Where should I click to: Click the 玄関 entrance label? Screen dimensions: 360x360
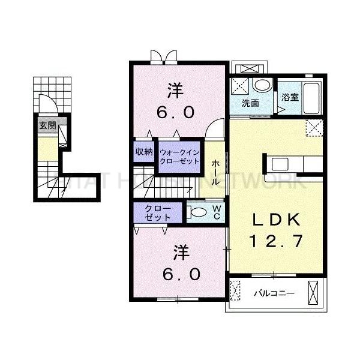click(47, 126)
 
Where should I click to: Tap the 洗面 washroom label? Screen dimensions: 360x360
click(250, 103)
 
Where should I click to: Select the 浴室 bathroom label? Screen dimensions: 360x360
click(290, 97)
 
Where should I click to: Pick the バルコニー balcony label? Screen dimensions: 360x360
click(273, 294)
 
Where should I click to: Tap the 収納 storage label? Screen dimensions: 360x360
click(144, 151)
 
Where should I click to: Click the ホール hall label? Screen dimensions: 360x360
click(215, 172)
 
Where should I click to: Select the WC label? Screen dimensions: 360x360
click(217, 211)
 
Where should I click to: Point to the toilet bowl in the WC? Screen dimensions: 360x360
click(196, 211)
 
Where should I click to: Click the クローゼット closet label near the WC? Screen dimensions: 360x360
click(157, 213)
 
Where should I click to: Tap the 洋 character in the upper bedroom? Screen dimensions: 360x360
click(175, 91)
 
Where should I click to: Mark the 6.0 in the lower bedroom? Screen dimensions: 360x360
click(178, 274)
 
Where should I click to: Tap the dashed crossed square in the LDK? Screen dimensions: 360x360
click(313, 127)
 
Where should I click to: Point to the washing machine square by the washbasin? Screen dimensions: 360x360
click(241, 85)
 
